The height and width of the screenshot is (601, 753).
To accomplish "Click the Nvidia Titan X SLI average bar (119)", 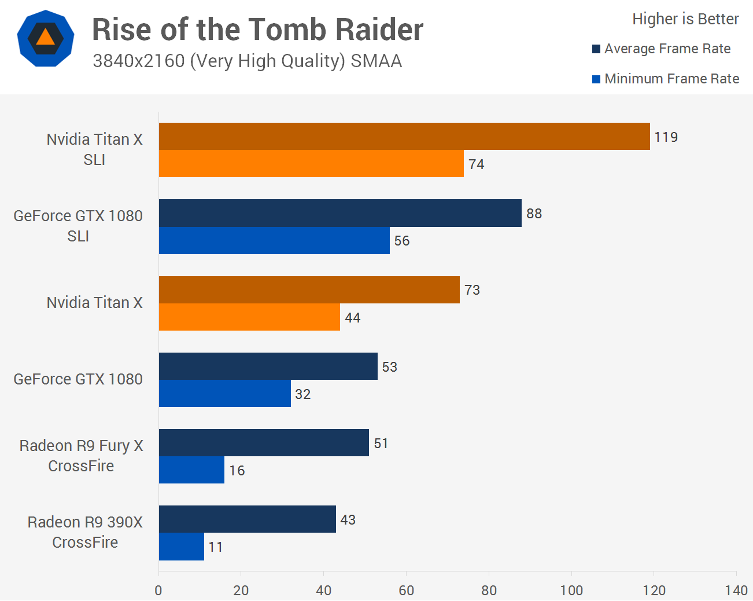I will tap(404, 137).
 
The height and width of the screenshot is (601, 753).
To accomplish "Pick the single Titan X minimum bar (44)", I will tap(249, 317).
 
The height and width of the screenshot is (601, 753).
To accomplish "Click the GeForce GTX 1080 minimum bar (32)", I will tap(225, 394).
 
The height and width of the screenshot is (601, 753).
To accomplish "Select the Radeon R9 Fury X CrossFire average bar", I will tap(264, 443).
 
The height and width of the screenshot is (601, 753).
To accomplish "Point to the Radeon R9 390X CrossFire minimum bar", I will tap(182, 547).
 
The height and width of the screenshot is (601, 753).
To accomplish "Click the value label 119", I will tap(666, 137).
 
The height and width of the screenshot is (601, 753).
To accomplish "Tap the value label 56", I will tap(402, 241).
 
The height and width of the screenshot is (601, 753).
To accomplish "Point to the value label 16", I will tap(237, 471).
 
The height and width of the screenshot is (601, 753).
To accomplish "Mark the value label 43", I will tap(348, 520).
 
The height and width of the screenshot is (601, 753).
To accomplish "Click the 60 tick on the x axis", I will tap(407, 590).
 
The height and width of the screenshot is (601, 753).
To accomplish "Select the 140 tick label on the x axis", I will tap(736, 590).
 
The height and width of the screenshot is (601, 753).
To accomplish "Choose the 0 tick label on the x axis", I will tap(158, 590).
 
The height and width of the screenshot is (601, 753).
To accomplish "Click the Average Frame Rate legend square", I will tap(596, 49).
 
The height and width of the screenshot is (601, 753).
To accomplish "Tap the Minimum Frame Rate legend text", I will tap(671, 79).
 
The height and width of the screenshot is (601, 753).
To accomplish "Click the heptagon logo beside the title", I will tap(46, 38).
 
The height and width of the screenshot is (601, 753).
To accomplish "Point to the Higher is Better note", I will tap(685, 19).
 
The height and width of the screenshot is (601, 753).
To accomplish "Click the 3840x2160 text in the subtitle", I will tap(139, 61).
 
